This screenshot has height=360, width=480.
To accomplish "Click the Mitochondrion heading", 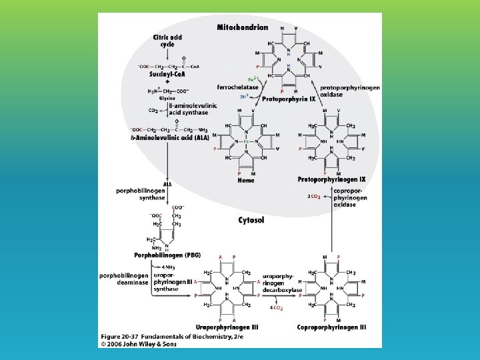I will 243,27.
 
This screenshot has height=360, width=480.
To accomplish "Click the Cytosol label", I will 251,220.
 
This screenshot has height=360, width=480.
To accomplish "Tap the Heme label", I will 245,181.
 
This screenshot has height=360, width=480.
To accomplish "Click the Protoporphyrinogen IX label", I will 331,180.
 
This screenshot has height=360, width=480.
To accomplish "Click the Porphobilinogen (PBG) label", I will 167,255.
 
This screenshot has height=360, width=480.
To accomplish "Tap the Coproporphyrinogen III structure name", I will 331,327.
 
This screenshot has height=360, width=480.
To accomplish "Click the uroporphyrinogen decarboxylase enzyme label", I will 283,283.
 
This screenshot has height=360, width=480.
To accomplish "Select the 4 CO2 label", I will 275,307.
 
